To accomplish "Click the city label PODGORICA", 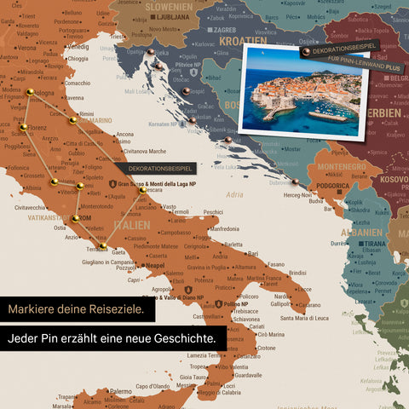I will pos(333,186).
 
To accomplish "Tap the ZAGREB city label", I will pos(225,29).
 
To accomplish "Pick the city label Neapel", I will pos(153,266).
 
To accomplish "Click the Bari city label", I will pos(252,253).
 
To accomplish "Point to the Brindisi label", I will pos(297,273).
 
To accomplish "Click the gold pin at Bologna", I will pos(31,91).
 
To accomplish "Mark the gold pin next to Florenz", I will pos(24,128).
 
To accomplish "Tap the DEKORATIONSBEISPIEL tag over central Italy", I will pos(156,169).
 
